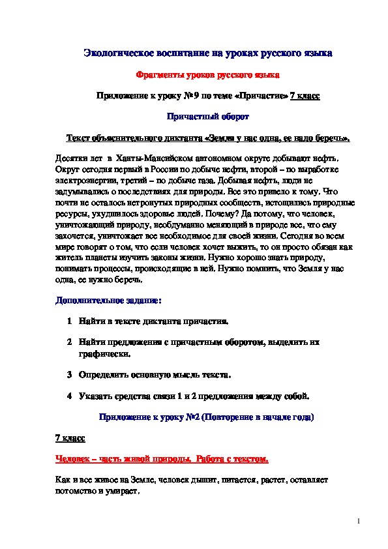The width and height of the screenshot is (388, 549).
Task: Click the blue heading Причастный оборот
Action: [x=208, y=117]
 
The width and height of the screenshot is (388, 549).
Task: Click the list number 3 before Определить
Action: [x=69, y=376]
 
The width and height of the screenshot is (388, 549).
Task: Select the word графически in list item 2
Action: [x=104, y=355]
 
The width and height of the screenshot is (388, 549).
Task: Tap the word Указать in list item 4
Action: [x=96, y=396]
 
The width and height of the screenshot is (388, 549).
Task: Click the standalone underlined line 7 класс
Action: [x=68, y=438]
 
